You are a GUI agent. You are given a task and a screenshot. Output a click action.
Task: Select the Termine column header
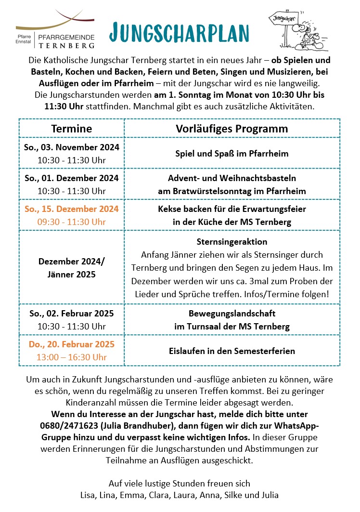(x=71, y=129)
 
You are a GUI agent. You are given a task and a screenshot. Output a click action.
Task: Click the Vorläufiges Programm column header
(x=232, y=129)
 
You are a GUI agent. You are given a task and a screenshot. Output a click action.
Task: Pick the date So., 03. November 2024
(x=71, y=147)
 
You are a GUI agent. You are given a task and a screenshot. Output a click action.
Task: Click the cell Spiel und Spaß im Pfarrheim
(x=232, y=154)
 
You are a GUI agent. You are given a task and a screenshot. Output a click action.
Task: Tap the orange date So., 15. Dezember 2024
(x=71, y=209)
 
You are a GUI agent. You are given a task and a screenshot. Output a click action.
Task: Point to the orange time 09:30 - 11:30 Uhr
(x=71, y=222)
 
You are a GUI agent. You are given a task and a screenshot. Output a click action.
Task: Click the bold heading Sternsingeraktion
(x=232, y=241)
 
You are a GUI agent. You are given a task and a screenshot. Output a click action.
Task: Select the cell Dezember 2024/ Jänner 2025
(x=71, y=268)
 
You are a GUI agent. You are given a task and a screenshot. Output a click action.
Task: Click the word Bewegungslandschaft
(x=232, y=314)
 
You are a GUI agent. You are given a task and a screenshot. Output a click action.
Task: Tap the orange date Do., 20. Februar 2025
(x=71, y=344)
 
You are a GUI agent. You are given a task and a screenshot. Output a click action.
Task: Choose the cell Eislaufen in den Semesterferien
(x=232, y=351)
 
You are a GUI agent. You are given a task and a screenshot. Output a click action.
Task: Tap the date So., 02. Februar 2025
(x=71, y=314)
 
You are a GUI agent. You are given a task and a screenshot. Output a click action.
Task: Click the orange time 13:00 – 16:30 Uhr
(x=71, y=357)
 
